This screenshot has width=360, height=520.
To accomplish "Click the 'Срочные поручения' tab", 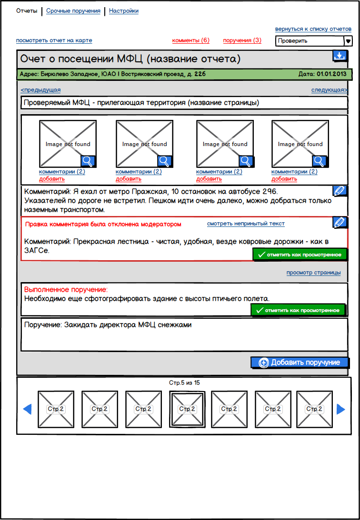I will tap(73, 11).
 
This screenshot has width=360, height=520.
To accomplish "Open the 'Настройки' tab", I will tap(124, 11).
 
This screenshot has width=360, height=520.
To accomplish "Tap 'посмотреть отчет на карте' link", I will tap(54, 40).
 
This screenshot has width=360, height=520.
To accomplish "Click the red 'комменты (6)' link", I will tap(190, 40).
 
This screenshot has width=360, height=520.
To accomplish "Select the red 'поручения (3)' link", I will tap(242, 40).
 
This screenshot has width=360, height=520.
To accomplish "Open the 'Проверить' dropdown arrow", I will tap(348, 41).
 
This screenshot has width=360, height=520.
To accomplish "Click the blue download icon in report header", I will tap(339, 56).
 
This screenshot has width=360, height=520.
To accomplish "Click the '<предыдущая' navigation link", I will tap(40, 90).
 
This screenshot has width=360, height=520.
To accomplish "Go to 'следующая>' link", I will tap(329, 90).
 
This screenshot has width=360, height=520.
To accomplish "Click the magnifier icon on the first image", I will tap(88, 161).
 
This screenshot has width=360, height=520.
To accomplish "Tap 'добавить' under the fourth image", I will tap(284, 179).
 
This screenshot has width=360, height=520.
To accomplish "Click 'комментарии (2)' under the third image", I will tap(219, 172).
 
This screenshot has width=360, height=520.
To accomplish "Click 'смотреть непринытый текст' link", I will tap(246, 224).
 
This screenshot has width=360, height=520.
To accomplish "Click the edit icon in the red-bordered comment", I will tap(340, 222).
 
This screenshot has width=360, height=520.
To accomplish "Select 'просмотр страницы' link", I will tap(313, 273).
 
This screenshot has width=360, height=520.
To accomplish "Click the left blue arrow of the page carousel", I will tap(27, 409).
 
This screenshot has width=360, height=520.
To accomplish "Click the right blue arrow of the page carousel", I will tap(341, 409).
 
